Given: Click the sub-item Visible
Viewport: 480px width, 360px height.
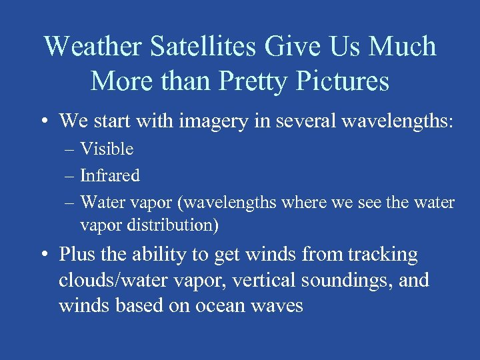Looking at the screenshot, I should coord(107,149).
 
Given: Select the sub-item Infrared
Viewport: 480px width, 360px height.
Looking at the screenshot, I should coord(110,176).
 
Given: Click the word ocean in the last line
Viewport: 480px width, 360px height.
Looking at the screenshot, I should coord(221,306).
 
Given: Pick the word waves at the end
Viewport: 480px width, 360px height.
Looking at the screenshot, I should coord(277,306).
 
